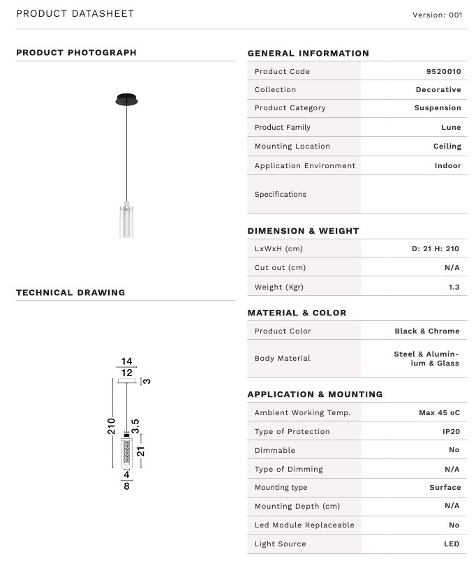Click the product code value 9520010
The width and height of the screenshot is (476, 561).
[x=443, y=71]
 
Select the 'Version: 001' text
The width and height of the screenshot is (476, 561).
[x=437, y=15]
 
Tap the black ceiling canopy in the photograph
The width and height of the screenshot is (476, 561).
[x=126, y=99]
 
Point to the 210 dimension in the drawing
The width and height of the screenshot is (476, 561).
[x=112, y=426]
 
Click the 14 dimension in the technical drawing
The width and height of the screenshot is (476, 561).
[x=126, y=361]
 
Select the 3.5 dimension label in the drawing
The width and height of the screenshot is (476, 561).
[x=135, y=426]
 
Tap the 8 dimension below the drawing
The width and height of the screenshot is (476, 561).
[x=126, y=486]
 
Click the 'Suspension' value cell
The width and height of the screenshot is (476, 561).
[x=437, y=108]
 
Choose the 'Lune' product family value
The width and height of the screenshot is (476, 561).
[x=451, y=127]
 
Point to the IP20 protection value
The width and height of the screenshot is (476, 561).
[x=450, y=431]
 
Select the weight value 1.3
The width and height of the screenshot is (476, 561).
[x=454, y=286]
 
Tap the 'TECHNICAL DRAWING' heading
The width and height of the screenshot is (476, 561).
[x=70, y=292]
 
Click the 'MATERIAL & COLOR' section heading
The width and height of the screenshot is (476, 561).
[x=297, y=313]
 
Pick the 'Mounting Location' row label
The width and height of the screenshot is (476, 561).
[x=292, y=147]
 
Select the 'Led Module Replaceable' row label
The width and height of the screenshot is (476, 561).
[x=304, y=525]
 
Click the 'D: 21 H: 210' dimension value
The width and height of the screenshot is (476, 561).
[x=435, y=248]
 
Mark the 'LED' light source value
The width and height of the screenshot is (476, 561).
[x=451, y=544]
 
